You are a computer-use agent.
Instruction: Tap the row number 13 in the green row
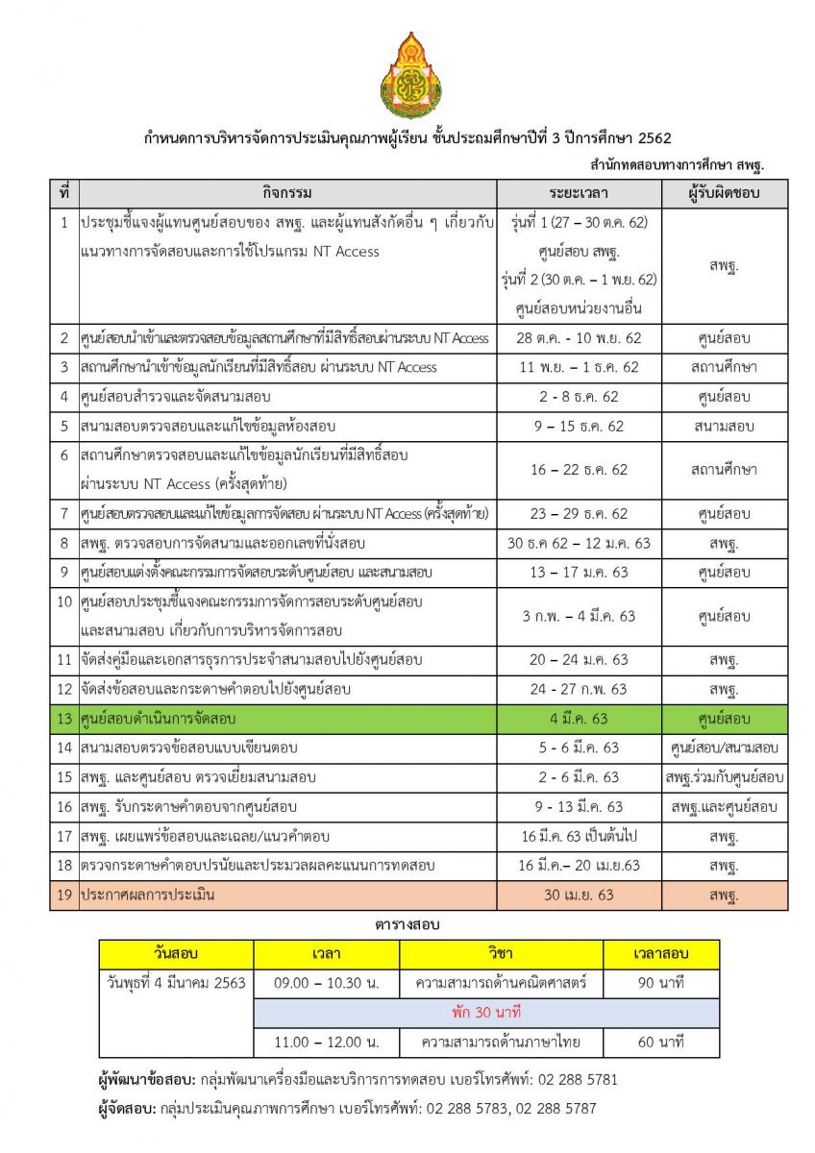64,719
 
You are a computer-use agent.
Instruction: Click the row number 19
64,895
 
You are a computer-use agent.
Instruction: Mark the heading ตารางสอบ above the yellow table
407,924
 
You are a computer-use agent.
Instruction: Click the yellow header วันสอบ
176,954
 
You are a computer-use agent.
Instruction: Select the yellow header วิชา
501,954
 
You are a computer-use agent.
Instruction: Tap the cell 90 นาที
660,983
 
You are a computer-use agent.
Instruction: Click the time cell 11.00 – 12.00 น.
327,1043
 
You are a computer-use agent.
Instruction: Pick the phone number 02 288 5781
575,1080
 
